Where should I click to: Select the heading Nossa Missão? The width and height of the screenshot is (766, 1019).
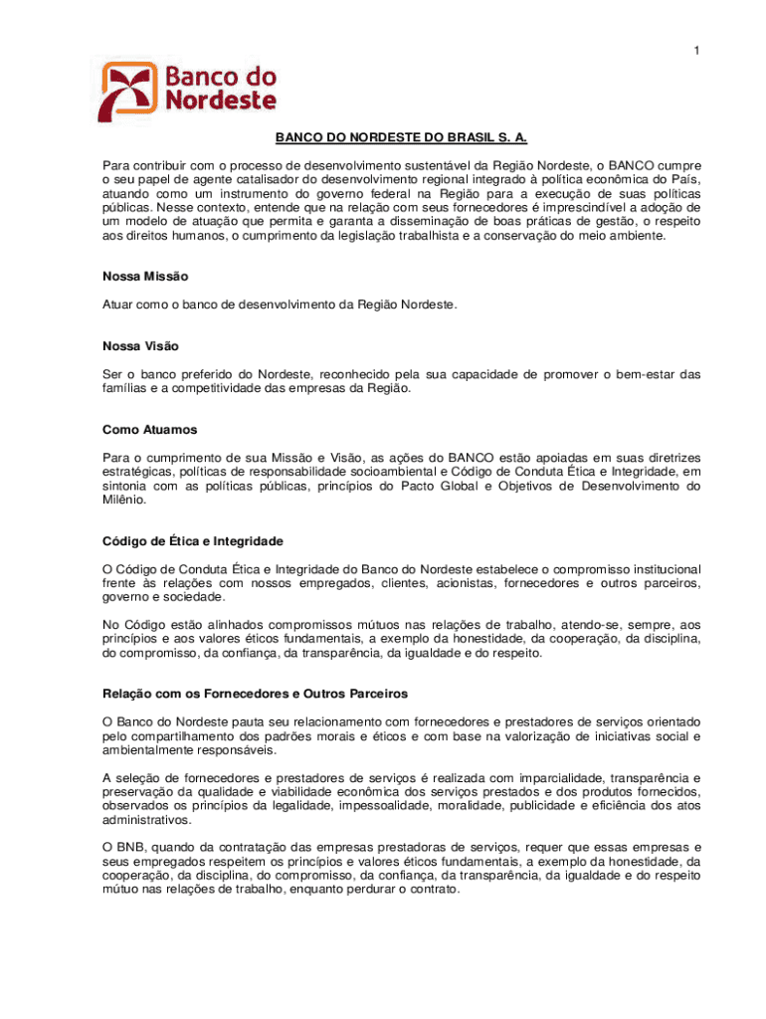coord(145,276)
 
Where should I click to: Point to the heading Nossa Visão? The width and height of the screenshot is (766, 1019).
coord(140,346)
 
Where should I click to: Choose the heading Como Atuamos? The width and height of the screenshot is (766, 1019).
coord(149,430)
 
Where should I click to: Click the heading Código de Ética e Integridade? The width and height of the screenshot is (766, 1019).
coord(193,541)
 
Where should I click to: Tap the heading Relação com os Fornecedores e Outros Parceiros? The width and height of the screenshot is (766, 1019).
coord(255,694)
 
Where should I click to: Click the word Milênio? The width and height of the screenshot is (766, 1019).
coord(124,501)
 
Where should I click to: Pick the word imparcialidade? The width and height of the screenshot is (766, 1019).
coord(547,777)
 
